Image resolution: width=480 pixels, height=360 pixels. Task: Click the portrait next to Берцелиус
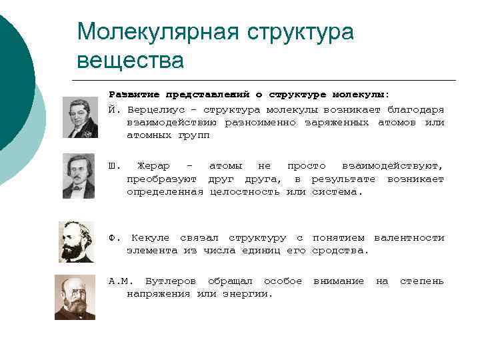point(81,117)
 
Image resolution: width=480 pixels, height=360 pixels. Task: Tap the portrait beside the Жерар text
point(79,176)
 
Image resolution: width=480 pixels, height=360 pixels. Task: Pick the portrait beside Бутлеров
point(75,298)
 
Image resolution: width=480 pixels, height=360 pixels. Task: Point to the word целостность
point(245,192)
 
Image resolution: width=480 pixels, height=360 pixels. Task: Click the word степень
point(421,281)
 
